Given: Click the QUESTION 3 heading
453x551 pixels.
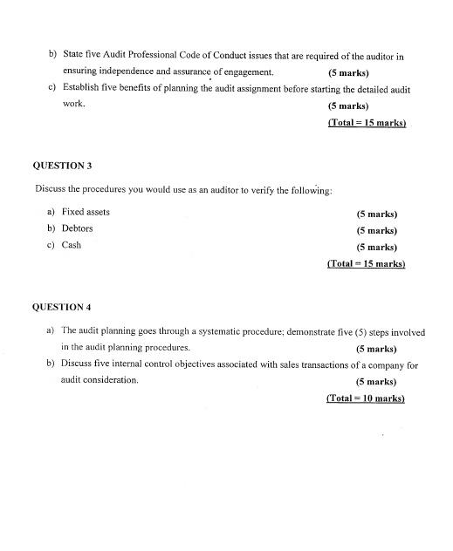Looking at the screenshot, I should pos(62,165).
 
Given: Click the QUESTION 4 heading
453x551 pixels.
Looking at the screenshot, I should pos(62,307).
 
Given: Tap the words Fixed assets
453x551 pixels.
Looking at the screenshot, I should pos(86,212).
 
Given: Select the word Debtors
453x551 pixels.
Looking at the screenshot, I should pos(78,228).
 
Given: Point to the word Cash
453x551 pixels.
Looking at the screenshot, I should pos(72,245).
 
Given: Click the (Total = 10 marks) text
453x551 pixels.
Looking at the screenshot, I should pos(366,398).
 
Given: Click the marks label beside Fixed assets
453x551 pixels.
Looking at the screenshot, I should pos(376,214).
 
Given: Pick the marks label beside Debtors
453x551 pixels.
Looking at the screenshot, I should pos(376,230).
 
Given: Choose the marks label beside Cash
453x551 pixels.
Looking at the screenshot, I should pos(376,247).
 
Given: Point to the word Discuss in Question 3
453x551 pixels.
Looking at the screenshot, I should pos(51,189).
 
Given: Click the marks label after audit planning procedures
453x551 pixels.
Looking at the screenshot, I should pos(376,349).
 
